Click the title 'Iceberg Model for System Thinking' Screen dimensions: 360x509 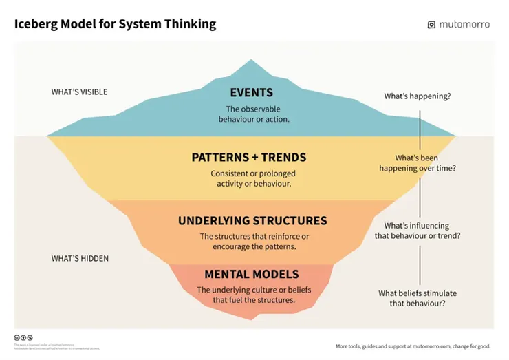pyautogui.click(x=115, y=24)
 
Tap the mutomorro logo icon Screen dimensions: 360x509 pyautogui.click(x=432, y=25)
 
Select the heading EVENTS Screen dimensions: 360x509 pyautogui.click(x=251, y=93)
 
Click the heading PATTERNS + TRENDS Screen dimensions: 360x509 pyautogui.click(x=248, y=158)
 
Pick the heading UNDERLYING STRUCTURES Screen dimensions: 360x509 pyautogui.click(x=252, y=221)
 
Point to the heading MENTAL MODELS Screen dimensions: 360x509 pyautogui.click(x=251, y=274)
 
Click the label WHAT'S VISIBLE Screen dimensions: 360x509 pyautogui.click(x=79, y=92)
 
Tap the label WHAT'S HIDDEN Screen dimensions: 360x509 pyautogui.click(x=80, y=259)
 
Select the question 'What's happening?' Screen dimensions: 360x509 pyautogui.click(x=417, y=96)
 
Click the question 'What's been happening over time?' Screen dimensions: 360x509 pyautogui.click(x=417, y=162)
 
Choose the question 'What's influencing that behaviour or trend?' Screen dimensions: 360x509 pyautogui.click(x=417, y=231)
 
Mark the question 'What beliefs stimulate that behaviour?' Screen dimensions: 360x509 pyautogui.click(x=417, y=298)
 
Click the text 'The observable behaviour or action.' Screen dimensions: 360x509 pyautogui.click(x=253, y=114)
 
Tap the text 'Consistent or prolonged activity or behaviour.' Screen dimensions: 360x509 pyautogui.click(x=250, y=179)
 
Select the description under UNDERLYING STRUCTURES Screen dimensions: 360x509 pyautogui.click(x=254, y=242)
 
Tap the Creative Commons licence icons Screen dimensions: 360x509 pyautogui.click(x=23, y=338)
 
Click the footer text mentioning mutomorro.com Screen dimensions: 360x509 pyautogui.click(x=413, y=346)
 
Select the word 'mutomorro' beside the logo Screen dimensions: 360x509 pyautogui.click(x=465, y=25)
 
